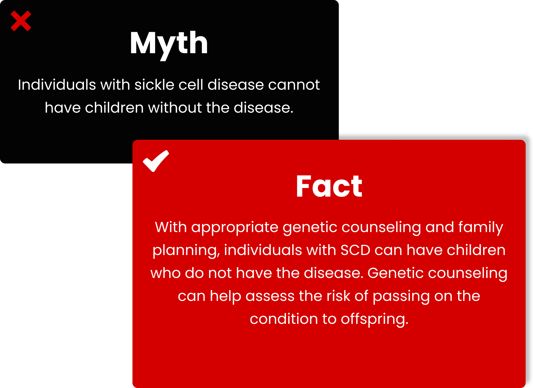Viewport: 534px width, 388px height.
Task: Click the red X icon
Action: click(21, 21)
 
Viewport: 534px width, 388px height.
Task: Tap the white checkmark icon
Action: click(156, 161)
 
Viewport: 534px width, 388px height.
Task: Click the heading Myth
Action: click(169, 45)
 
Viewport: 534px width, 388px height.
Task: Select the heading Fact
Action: click(329, 186)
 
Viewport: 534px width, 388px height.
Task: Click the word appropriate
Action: click(235, 228)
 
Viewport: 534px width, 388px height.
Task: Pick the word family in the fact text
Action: click(481, 228)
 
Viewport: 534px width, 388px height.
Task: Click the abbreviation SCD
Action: click(355, 250)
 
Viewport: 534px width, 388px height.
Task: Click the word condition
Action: click(284, 319)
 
